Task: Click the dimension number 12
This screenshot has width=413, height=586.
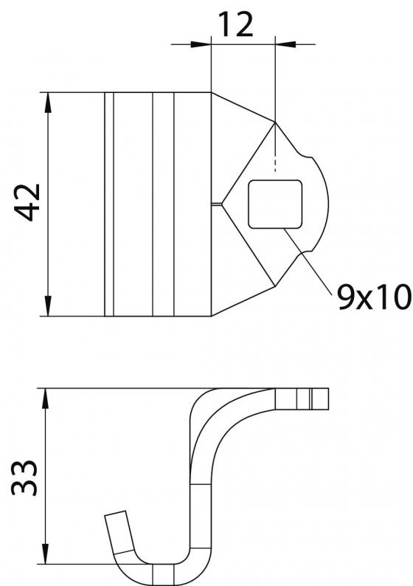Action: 235,24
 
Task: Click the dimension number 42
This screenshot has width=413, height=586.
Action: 27,202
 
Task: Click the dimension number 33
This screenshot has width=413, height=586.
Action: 24,478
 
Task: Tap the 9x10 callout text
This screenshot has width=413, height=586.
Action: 374,297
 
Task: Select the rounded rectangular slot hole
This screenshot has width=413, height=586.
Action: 275,204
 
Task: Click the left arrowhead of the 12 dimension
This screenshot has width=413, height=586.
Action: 201,44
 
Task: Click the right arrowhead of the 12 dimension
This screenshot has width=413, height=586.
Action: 285,44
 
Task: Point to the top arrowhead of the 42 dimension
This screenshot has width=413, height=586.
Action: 48,103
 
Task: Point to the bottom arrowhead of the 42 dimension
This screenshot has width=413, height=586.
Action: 48,306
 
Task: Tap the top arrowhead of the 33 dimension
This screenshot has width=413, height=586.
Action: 45,399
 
